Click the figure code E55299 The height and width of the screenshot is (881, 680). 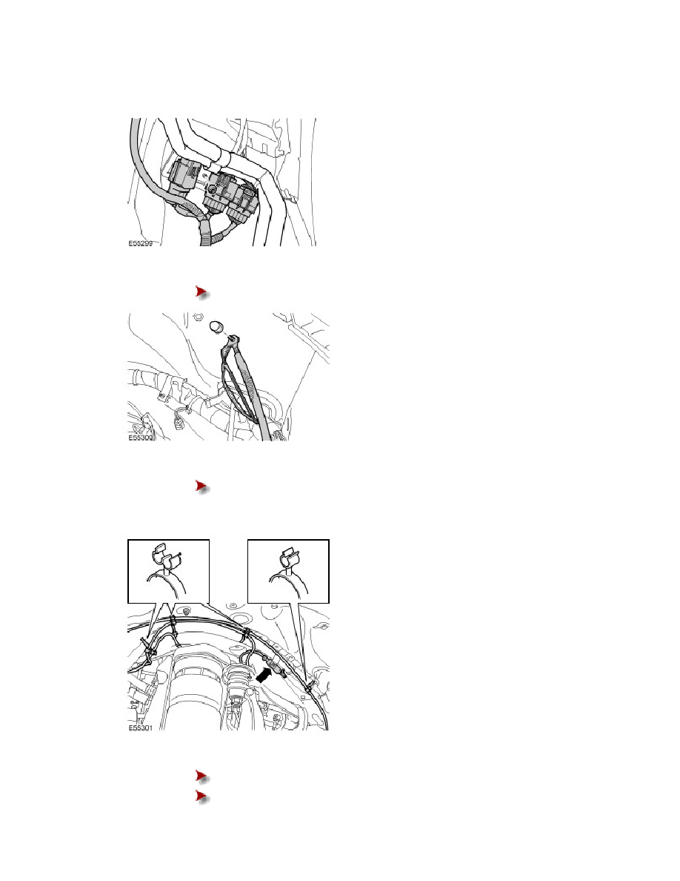[x=142, y=242]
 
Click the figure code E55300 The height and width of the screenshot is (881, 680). [x=142, y=438]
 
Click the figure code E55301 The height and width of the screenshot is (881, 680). [x=142, y=727]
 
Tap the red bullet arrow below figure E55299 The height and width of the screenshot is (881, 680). [x=200, y=292]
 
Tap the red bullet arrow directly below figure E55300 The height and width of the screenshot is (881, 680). [x=200, y=486]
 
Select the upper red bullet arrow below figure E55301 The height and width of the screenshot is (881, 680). [x=200, y=776]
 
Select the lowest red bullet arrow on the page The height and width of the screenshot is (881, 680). [x=200, y=796]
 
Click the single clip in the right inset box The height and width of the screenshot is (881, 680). [x=287, y=561]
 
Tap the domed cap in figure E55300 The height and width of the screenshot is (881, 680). [x=218, y=326]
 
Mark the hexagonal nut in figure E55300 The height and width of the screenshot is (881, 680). [x=198, y=317]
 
